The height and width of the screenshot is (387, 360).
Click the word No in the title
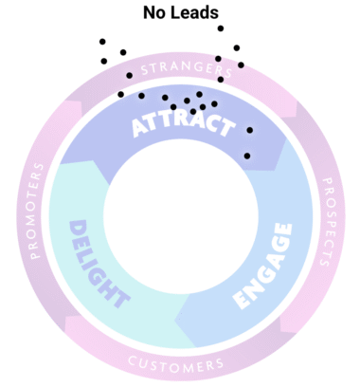click(x=154, y=13)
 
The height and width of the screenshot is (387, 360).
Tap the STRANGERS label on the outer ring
click(x=179, y=70)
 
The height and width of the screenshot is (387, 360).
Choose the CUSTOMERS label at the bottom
click(x=176, y=364)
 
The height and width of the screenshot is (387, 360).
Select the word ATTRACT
click(x=181, y=126)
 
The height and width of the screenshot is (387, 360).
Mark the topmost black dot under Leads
click(x=221, y=28)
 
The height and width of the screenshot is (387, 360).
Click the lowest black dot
click(x=247, y=156)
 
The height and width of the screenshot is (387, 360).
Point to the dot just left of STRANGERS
click(x=130, y=75)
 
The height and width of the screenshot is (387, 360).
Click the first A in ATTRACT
click(x=141, y=130)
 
